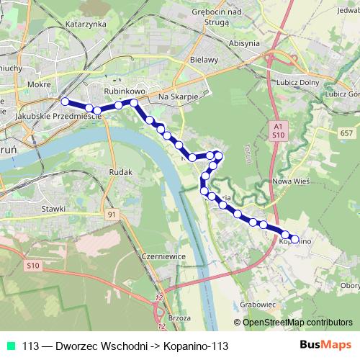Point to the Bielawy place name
(x=202, y=59)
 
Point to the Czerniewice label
(x=164, y=256)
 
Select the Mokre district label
(x=37, y=84)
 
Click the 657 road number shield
(x=346, y=134)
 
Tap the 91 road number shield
(x=111, y=215)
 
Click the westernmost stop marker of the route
(x=65, y=102)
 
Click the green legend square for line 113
(x=12, y=346)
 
